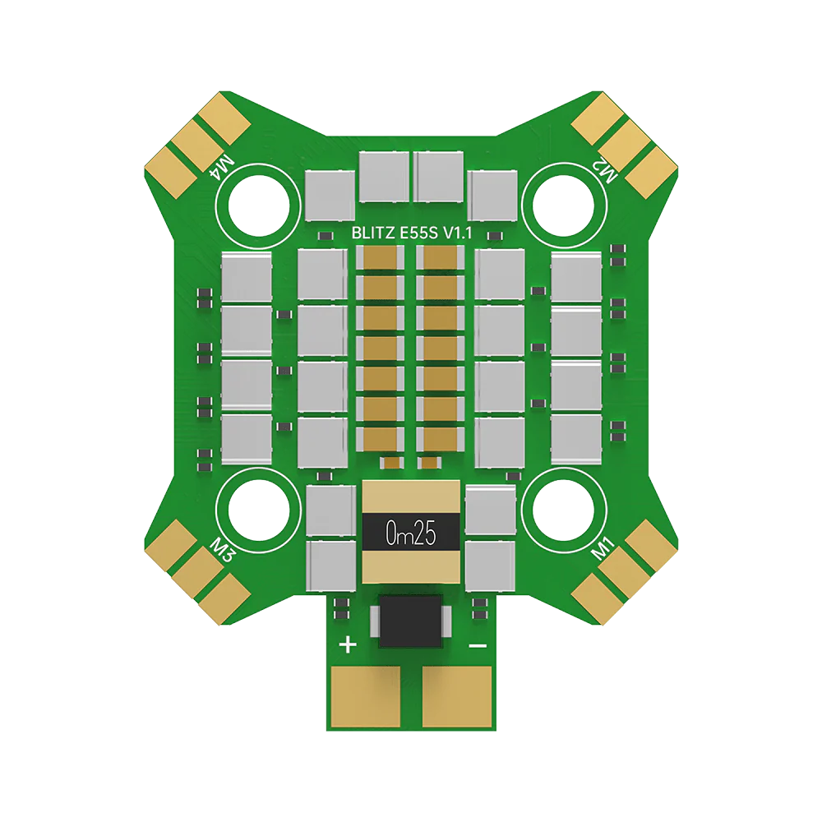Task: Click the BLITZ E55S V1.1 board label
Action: point(412,233)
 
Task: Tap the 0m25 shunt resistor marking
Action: point(410,533)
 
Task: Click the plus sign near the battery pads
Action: point(348,644)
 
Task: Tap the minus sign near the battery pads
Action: point(478,646)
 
